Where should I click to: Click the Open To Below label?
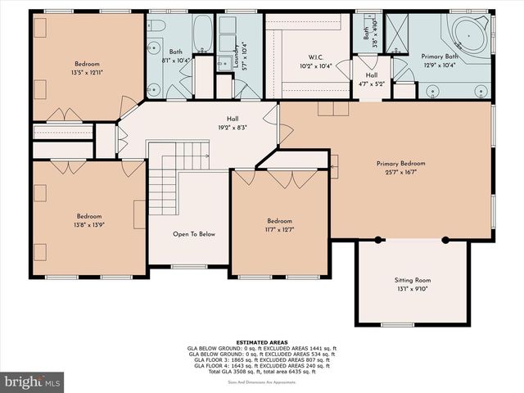pyautogui.click(x=193, y=234)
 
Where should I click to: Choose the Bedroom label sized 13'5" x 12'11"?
pyautogui.click(x=88, y=63)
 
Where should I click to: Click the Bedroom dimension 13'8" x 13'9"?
pyautogui.click(x=88, y=224)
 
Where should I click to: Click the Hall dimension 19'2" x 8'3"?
pyautogui.click(x=233, y=127)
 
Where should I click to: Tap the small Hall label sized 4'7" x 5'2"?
pyautogui.click(x=371, y=83)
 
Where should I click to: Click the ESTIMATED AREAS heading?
pyautogui.click(x=261, y=341)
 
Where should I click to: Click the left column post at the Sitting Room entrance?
pyautogui.click(x=377, y=240)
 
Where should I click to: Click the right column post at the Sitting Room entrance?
pyautogui.click(x=445, y=240)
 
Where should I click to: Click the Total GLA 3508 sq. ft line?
pyautogui.click(x=261, y=373)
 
